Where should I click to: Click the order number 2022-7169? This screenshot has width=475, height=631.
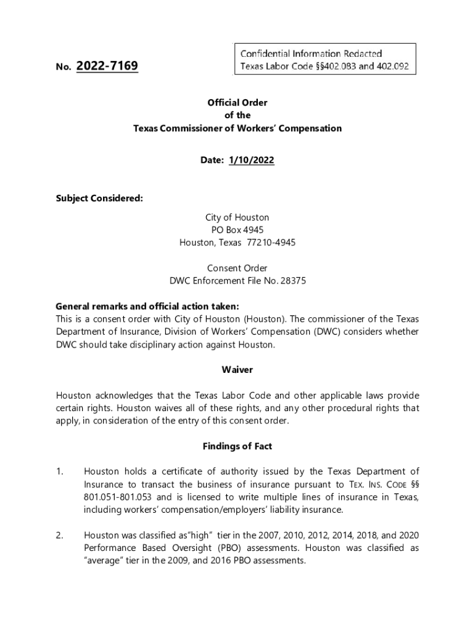click(x=107, y=65)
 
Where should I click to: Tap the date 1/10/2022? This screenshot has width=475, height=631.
click(x=251, y=160)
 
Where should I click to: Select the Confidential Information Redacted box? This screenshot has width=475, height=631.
click(x=324, y=60)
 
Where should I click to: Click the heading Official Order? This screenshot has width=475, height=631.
click(x=238, y=103)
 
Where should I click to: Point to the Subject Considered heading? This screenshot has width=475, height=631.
click(x=99, y=198)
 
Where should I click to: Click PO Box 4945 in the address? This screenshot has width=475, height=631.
click(x=238, y=230)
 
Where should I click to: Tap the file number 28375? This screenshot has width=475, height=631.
click(x=294, y=281)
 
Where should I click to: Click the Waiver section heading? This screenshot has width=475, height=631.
click(x=238, y=370)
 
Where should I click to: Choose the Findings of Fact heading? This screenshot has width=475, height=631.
click(x=238, y=446)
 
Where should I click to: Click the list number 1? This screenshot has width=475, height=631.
click(x=59, y=472)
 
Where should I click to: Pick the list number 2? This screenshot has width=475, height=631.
click(x=59, y=535)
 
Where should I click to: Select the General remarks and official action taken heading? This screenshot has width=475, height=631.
click(x=147, y=306)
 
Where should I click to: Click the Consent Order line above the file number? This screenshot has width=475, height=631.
click(x=238, y=268)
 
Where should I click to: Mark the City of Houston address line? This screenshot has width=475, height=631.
click(x=238, y=218)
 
